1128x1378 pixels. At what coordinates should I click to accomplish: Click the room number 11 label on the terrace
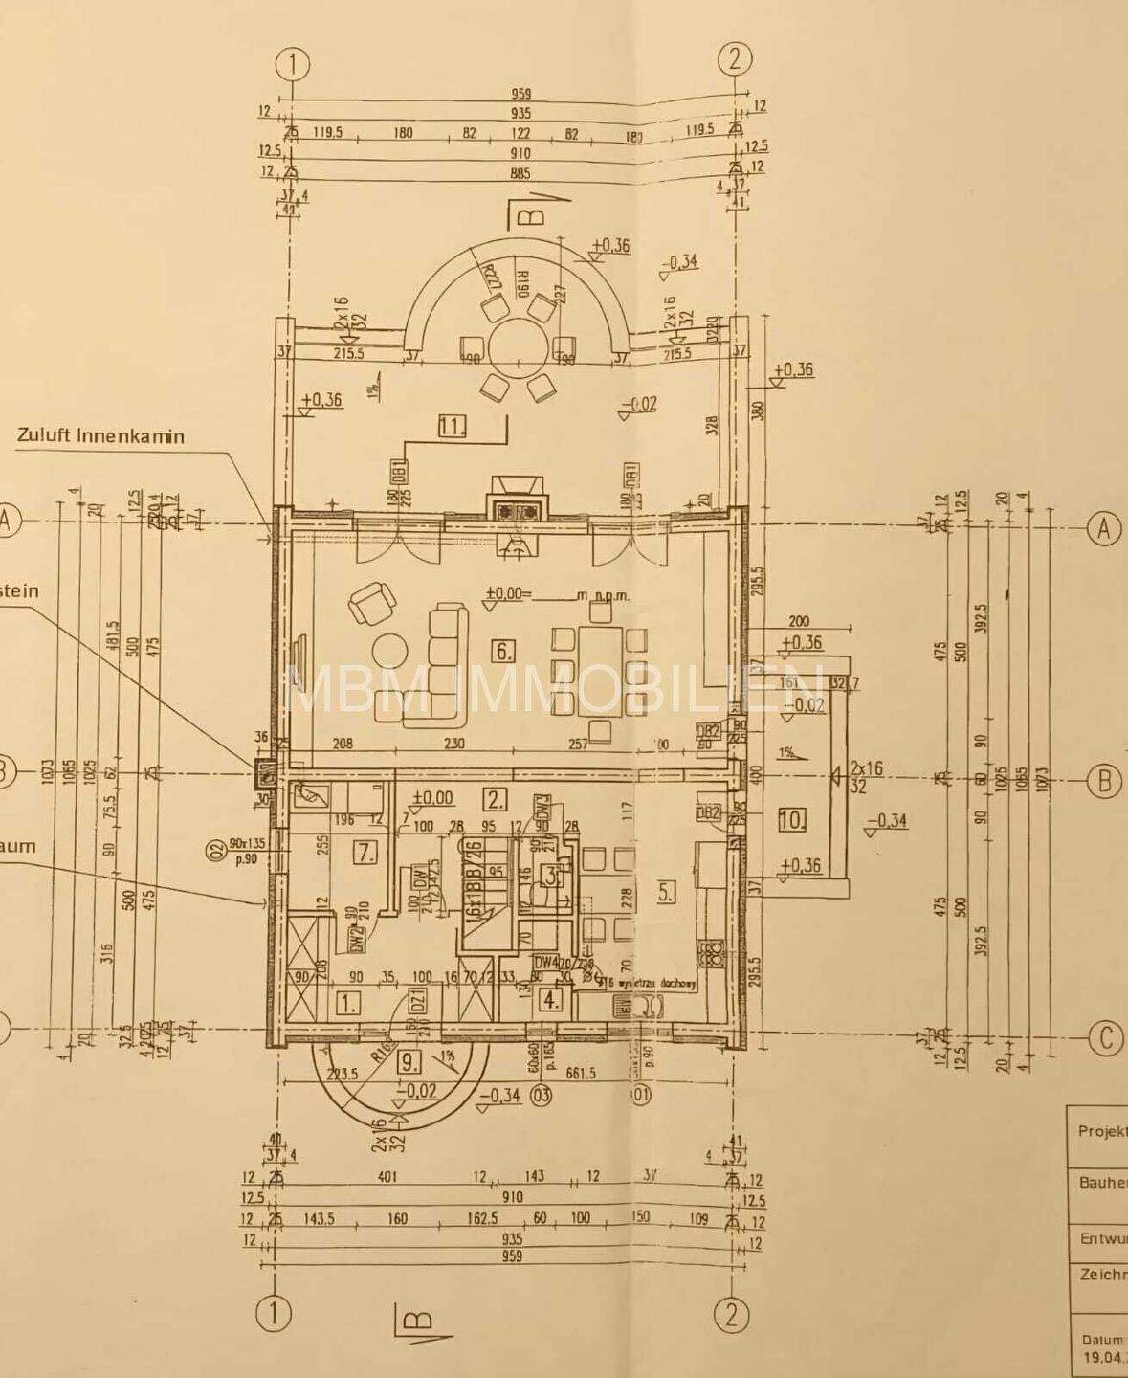click(452, 427)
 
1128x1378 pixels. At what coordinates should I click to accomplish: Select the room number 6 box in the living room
click(503, 653)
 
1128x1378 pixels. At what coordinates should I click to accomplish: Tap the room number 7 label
click(365, 851)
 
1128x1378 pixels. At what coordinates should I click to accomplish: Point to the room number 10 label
click(792, 819)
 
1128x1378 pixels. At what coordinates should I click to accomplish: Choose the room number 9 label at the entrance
click(408, 1060)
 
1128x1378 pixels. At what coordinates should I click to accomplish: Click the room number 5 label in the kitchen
click(666, 892)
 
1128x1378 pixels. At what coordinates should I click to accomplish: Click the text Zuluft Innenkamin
click(100, 435)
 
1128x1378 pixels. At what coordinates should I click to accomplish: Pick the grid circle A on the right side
click(1104, 527)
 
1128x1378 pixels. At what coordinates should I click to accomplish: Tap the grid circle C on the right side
click(1105, 1038)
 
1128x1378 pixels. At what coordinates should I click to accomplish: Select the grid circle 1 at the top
click(293, 64)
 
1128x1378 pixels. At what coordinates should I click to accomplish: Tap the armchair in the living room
click(372, 605)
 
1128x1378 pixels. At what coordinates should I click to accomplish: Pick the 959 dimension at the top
click(520, 94)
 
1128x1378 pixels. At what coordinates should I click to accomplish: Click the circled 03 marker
click(542, 1095)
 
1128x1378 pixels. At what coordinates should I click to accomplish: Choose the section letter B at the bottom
click(417, 1320)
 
